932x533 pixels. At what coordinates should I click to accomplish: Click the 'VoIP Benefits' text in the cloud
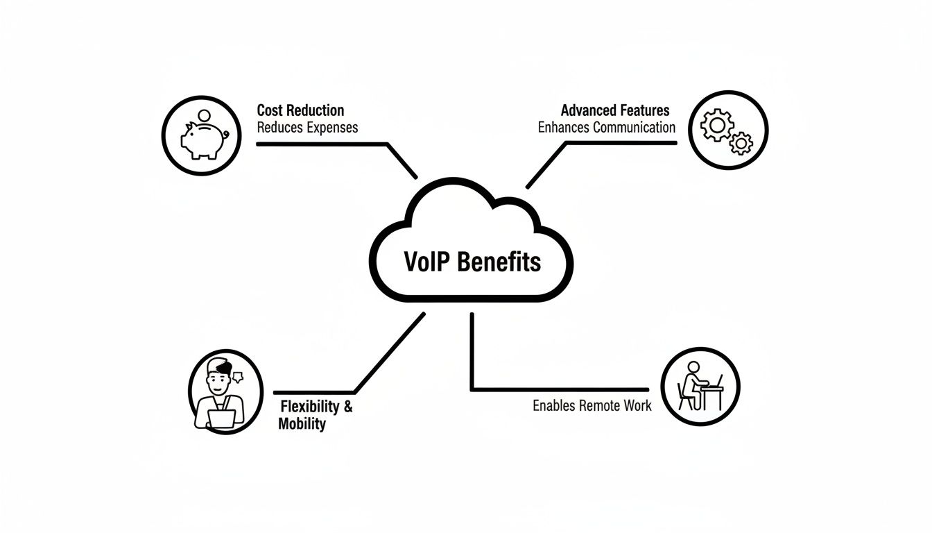[x=472, y=262]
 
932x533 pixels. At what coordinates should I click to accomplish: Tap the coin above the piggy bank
[x=203, y=115]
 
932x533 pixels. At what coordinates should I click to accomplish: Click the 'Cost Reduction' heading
[x=300, y=110]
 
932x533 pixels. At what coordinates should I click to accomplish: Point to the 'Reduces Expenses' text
[x=307, y=128]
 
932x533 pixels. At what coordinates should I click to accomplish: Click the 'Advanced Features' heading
[x=614, y=110]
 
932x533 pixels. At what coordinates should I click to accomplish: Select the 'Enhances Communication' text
[x=606, y=128]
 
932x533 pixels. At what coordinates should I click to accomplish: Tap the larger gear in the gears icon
[x=717, y=126]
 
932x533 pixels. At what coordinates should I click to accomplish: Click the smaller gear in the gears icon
[x=741, y=144]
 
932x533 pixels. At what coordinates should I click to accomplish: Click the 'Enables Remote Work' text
[x=592, y=406]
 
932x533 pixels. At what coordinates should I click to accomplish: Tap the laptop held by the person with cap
[x=223, y=418]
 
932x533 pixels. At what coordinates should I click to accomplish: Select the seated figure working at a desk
[x=693, y=386]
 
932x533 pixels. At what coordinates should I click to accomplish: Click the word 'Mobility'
[x=302, y=424]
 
